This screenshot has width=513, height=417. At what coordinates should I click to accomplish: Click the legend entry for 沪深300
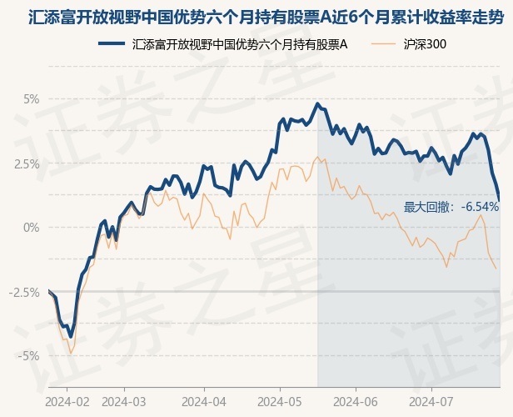click(x=425, y=43)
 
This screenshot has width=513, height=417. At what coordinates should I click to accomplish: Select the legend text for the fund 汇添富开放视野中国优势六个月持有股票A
click(x=240, y=43)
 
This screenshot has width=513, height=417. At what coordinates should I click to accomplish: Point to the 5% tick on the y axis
click(x=31, y=99)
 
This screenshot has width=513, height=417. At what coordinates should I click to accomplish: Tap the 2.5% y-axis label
click(x=27, y=163)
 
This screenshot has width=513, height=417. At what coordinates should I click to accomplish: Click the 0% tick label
click(x=31, y=228)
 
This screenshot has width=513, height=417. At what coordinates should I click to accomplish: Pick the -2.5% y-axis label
click(x=25, y=292)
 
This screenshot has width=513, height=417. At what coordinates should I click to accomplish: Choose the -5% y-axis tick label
click(x=28, y=356)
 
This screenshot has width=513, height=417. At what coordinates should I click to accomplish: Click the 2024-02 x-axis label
click(x=67, y=400)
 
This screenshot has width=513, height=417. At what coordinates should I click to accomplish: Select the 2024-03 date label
click(x=124, y=400)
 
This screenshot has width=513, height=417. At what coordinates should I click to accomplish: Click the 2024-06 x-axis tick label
click(x=356, y=400)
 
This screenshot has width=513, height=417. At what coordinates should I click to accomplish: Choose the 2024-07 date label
click(x=431, y=400)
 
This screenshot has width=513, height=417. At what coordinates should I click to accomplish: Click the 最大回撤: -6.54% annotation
click(x=451, y=207)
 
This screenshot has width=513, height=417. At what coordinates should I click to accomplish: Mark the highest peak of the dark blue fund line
click(x=317, y=103)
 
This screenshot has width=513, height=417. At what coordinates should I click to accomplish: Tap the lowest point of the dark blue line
click(x=71, y=336)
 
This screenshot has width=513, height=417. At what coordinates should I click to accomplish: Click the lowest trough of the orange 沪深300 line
click(x=71, y=353)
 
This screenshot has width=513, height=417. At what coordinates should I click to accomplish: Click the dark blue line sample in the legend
click(x=112, y=43)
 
